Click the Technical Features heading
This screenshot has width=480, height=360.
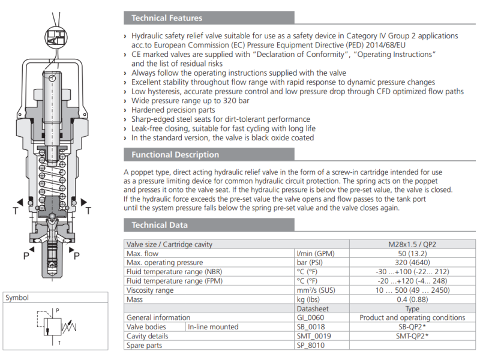(167, 18)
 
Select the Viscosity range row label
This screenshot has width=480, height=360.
(150, 290)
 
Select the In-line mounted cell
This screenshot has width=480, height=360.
(213, 327)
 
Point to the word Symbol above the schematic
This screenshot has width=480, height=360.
(17, 298)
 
